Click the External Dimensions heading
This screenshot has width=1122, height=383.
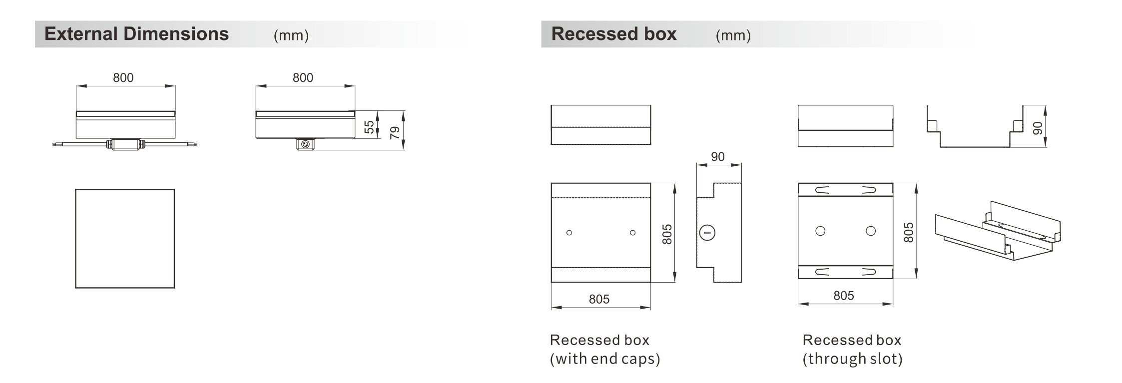[136, 34]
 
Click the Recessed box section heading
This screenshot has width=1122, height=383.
[614, 34]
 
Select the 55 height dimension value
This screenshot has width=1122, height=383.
[369, 127]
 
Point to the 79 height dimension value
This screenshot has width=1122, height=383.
[395, 132]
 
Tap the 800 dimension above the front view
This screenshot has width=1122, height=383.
[123, 77]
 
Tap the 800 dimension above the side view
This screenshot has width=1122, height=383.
[303, 77]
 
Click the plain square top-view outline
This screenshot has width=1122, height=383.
[125, 189]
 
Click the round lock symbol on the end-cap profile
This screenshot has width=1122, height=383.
[707, 233]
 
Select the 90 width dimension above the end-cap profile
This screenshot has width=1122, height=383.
[718, 157]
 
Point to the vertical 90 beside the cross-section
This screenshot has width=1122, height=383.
[1038, 128]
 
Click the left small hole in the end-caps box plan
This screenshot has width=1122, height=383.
[569, 233]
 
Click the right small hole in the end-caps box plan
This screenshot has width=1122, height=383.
[633, 233]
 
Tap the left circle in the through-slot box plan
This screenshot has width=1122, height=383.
[820, 231]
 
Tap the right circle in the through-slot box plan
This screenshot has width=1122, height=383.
[871, 231]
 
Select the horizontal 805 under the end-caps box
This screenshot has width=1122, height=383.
[599, 299]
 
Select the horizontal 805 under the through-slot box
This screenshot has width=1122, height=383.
[844, 296]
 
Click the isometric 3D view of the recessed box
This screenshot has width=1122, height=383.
[998, 231]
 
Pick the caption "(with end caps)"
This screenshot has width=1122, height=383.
[605, 359]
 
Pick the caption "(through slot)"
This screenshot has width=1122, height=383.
[852, 359]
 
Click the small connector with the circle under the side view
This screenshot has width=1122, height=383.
[305, 144]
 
